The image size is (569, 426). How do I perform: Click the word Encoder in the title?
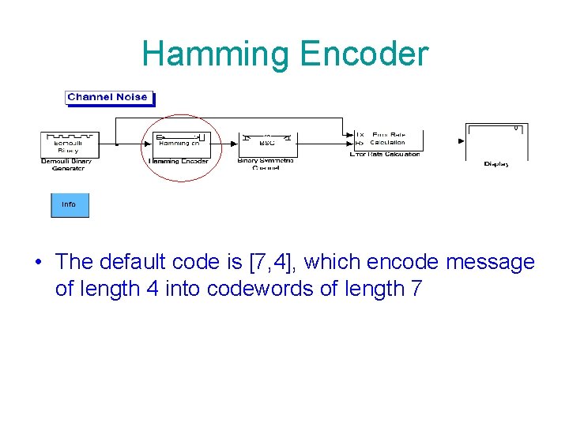coord(364,54)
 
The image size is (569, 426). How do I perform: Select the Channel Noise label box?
coord(107,98)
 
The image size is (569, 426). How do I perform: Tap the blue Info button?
coord(70,204)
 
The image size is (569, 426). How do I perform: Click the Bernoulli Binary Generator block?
coord(68,144)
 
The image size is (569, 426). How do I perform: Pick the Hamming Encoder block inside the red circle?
coord(180,143)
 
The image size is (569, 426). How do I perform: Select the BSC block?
coord(267,143)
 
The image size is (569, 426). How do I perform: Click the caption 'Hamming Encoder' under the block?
coord(179,162)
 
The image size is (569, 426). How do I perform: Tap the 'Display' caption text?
coord(496,164)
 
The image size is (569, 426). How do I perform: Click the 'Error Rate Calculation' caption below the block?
coord(385,155)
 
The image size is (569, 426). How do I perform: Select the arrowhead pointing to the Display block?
coord(462,141)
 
